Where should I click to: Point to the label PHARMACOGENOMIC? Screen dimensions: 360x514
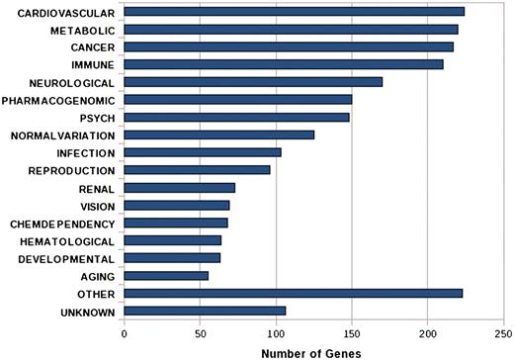point(58,100)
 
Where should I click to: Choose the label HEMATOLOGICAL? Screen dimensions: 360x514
point(65,241)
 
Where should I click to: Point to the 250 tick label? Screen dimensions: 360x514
point(503,333)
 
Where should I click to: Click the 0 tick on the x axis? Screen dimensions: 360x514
point(125,333)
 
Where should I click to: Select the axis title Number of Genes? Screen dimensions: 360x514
point(314,351)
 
